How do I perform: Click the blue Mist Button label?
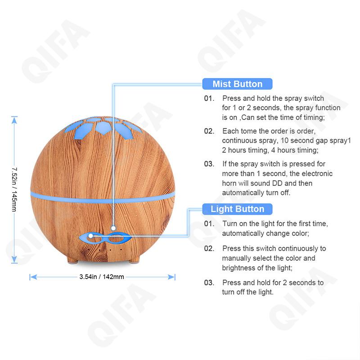(x=237, y=84)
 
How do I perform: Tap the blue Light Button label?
(x=237, y=209)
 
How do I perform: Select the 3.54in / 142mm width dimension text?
(x=102, y=277)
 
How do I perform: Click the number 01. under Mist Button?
(x=209, y=98)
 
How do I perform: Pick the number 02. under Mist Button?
(x=209, y=131)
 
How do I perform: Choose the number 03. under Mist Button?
(x=209, y=164)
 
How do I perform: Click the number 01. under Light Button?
(x=209, y=224)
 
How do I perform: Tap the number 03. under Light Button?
(x=209, y=283)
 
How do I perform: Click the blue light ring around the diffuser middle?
(x=102, y=195)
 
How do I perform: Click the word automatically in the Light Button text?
(x=243, y=234)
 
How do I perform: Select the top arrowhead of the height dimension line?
(x=14, y=120)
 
